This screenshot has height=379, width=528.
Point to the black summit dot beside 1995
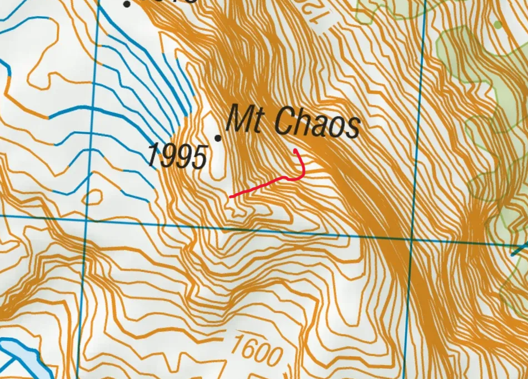click(218, 138)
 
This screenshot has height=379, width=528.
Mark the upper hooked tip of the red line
click(295, 151)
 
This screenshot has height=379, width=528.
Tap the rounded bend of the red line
click(301, 177)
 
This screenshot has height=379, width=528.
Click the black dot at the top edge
click(127, 4)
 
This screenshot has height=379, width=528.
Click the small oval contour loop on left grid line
click(93, 196)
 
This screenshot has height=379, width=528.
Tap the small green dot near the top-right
click(497, 24)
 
